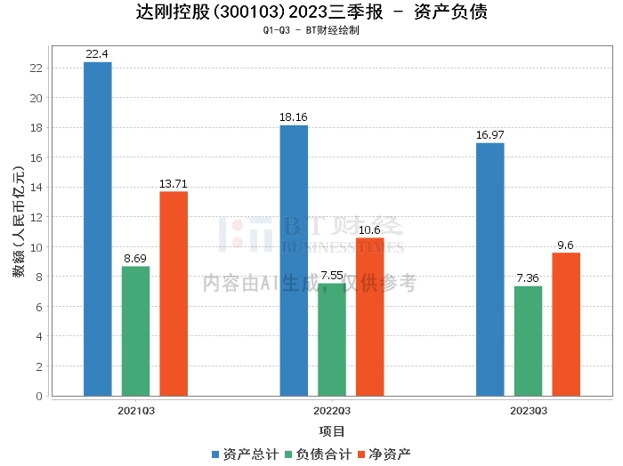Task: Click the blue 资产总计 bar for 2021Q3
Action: pyautogui.click(x=98, y=229)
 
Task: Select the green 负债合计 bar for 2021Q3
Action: pyautogui.click(x=136, y=331)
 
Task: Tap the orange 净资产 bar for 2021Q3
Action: pyautogui.click(x=174, y=293)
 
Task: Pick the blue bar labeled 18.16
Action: pyautogui.click(x=294, y=261)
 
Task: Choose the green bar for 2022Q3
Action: pyautogui.click(x=332, y=340)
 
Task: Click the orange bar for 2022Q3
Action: pyautogui.click(x=370, y=317)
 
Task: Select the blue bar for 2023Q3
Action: pyautogui.click(x=490, y=269)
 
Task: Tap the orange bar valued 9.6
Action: pyautogui.click(x=566, y=325)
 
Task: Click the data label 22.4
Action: pyautogui.click(x=97, y=54)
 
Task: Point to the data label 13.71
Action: pyautogui.click(x=174, y=184)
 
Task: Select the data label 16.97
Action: pyautogui.click(x=490, y=135)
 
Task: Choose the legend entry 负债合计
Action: pyautogui.click(x=318, y=454)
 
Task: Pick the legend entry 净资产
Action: pyautogui.click(x=384, y=454)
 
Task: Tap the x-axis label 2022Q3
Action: pyautogui.click(x=331, y=411)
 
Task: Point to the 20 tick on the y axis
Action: pyautogui.click(x=36, y=98)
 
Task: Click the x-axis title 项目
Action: pyautogui.click(x=332, y=431)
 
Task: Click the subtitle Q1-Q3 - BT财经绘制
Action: pyautogui.click(x=311, y=30)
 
